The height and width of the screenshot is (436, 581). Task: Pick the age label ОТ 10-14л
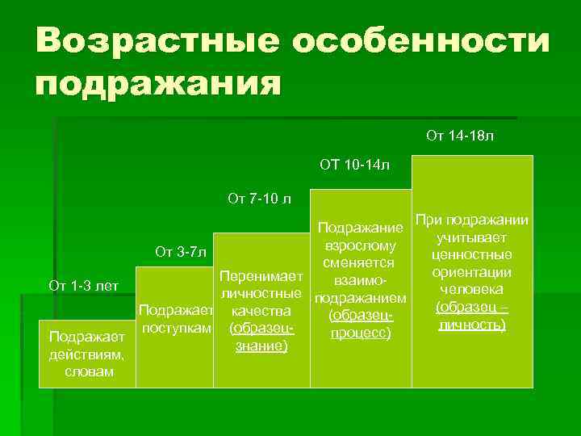click(x=354, y=166)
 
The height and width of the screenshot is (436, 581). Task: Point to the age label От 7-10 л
click(x=259, y=198)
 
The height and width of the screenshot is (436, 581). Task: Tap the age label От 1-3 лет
click(x=84, y=285)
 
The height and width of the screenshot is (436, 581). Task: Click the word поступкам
click(x=177, y=328)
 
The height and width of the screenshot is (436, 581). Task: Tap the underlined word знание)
click(x=261, y=346)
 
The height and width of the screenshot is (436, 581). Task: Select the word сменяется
click(x=356, y=263)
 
